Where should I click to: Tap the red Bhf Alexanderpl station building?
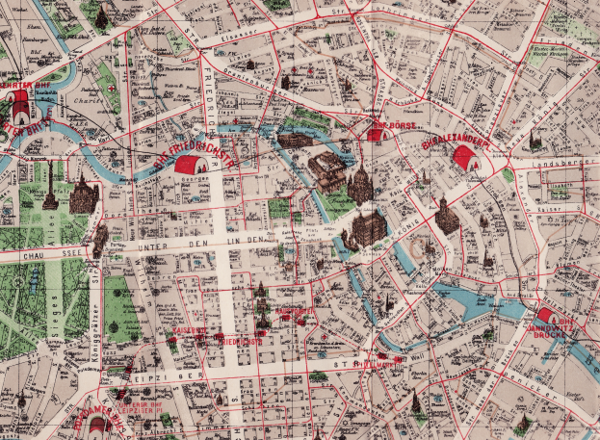[x=472, y=160]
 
